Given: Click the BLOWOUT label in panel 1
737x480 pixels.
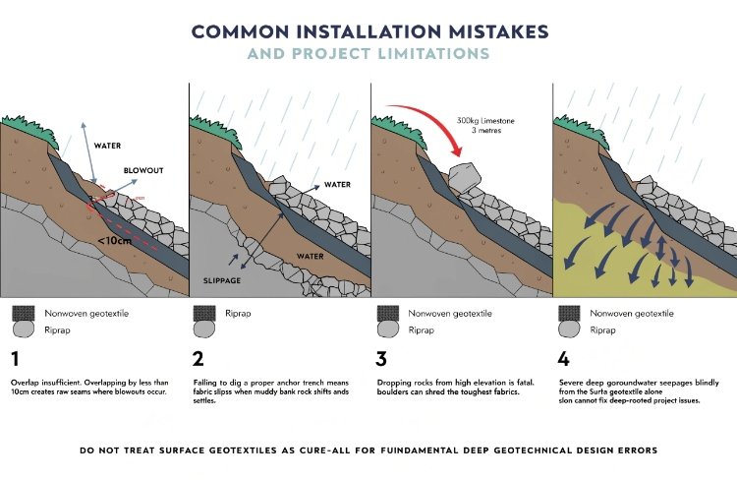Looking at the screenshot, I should pos(142,170).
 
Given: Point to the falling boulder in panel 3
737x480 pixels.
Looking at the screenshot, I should pos(466,176).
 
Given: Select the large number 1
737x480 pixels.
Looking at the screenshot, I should pos(16,357).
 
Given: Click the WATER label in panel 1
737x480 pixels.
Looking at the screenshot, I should pos(107,146).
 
